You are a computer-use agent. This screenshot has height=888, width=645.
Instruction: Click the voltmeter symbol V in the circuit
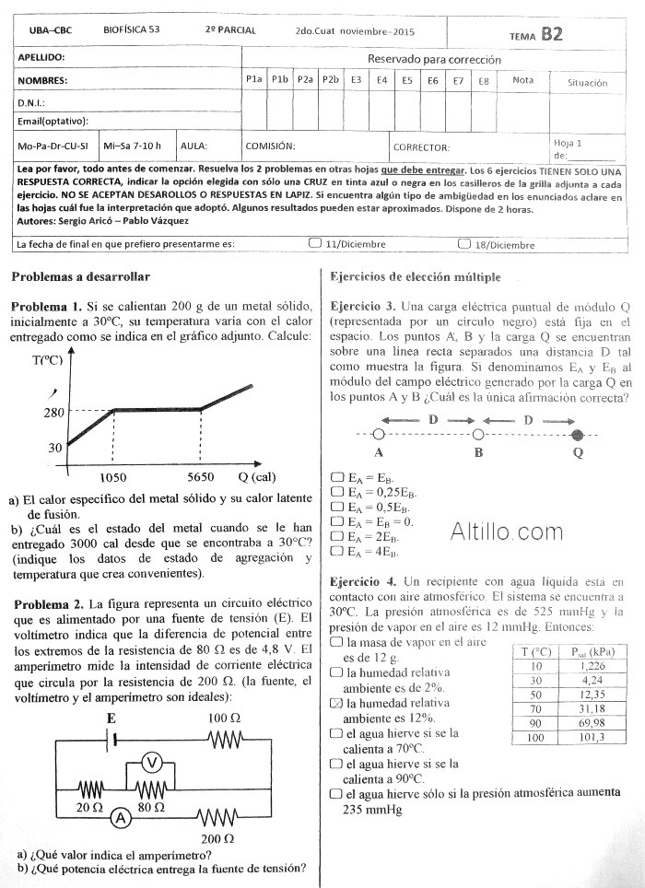click(x=154, y=761)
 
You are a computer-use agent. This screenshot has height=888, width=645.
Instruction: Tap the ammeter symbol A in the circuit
click(x=118, y=817)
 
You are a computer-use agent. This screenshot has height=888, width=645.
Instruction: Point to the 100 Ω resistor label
click(x=224, y=718)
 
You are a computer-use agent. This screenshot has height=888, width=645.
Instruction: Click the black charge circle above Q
click(x=578, y=435)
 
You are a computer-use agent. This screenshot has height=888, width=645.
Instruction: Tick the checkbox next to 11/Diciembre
click(x=315, y=244)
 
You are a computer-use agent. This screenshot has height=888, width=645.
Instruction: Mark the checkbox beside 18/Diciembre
click(x=463, y=244)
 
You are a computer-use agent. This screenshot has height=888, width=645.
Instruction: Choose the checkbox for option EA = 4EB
click(x=336, y=551)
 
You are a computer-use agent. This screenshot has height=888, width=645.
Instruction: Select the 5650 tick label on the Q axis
click(x=201, y=477)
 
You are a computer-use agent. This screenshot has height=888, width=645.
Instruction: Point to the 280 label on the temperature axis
click(x=53, y=413)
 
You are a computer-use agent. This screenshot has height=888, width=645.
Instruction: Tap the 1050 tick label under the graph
click(x=112, y=477)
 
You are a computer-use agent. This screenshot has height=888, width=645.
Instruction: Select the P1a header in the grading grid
click(x=254, y=80)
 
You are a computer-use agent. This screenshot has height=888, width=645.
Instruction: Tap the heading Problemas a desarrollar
click(x=80, y=276)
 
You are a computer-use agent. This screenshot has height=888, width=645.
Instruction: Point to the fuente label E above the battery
click(x=111, y=717)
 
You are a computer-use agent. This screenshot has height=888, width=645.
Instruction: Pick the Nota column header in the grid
click(x=522, y=80)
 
